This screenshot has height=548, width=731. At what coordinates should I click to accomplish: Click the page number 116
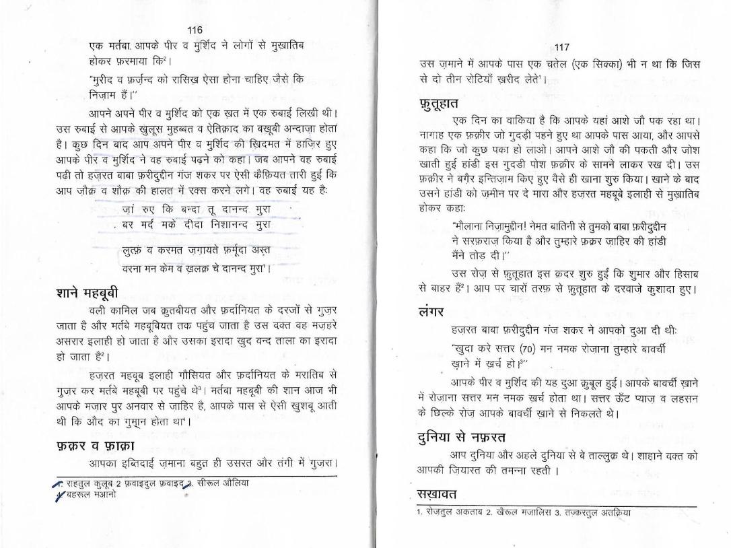(195, 30)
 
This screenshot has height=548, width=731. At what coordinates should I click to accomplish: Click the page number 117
(562, 47)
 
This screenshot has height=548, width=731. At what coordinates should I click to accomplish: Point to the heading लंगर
(431, 312)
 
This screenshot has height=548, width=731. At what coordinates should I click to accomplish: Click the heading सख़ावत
(437, 495)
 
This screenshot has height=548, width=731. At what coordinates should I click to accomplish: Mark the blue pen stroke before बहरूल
(59, 495)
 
